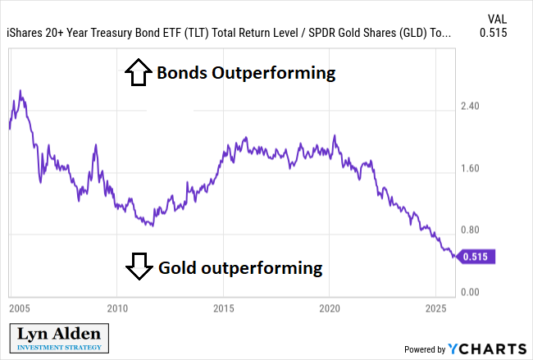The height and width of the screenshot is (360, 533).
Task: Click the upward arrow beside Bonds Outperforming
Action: coord(137,73)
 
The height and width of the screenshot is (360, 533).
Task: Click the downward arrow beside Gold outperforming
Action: coord(138,266)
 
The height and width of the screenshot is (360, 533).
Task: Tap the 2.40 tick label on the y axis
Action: coord(471,106)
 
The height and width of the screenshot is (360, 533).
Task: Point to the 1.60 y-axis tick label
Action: coord(471,169)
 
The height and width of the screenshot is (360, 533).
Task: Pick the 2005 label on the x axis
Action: coord(20,309)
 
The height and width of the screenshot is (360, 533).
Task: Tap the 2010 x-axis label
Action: coord(117,309)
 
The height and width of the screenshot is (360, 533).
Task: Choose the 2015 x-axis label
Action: coord(224,309)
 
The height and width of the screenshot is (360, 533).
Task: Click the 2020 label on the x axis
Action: coord(330,309)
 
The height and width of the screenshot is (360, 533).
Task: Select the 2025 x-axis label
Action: coord(435,309)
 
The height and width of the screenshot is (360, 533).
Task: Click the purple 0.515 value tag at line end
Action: coord(476,257)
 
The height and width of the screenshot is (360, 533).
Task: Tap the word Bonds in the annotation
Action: coord(182,73)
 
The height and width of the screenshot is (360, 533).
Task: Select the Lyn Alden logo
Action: coord(59,337)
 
